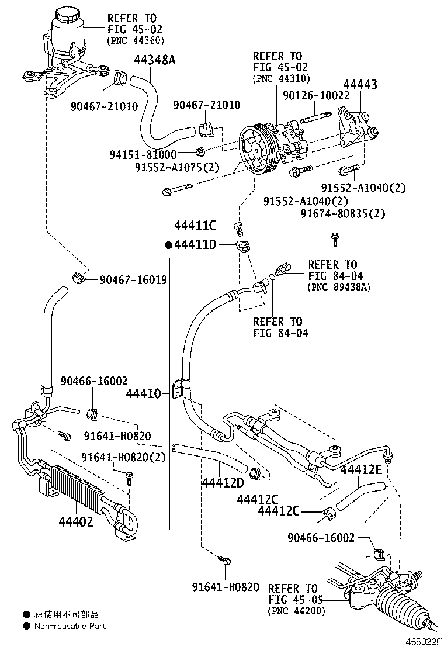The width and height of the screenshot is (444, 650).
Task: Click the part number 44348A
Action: point(154,60)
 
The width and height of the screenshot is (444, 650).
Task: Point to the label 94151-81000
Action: point(143,154)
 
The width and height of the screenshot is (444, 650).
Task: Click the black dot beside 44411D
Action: point(169,245)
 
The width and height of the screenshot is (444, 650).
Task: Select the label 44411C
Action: point(195,226)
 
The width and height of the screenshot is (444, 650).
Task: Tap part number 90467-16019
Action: point(133,280)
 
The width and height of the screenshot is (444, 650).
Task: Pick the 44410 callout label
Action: point(143,395)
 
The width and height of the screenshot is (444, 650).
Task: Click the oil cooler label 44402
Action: point(75,521)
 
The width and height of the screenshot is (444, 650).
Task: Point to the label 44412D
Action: point(223,483)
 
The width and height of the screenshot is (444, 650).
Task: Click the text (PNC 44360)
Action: point(136,40)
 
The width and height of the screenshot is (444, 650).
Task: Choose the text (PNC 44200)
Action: point(297,611)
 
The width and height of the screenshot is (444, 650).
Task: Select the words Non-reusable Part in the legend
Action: point(70,626)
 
